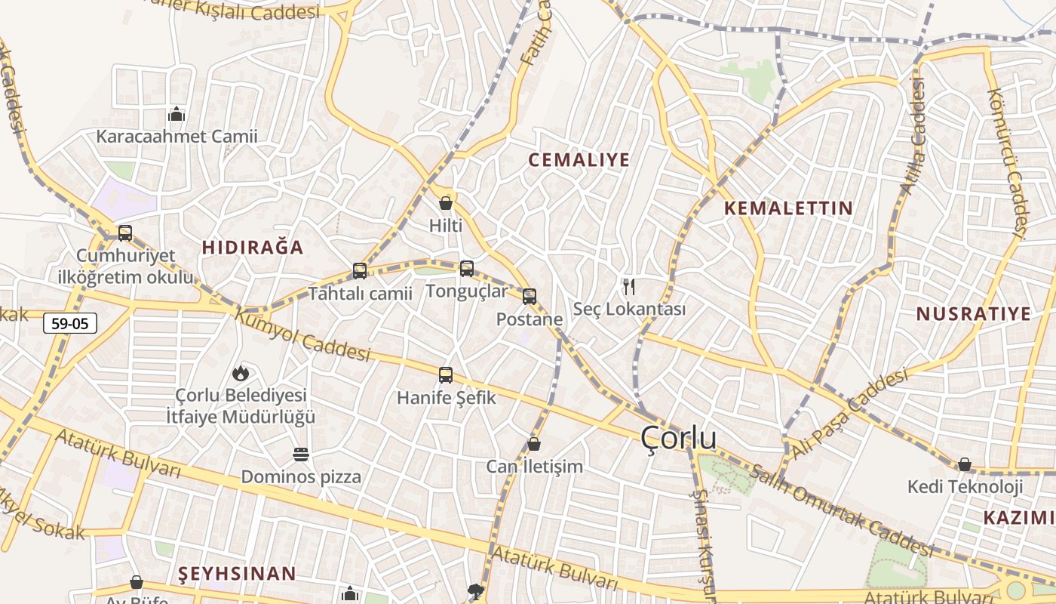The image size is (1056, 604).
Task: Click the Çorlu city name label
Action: tap(678, 438)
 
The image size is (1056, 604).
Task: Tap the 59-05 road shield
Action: tap(70, 324)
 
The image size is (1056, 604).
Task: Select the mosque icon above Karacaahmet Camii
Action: tap(177, 114)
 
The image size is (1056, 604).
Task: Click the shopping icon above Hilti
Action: tap(446, 202)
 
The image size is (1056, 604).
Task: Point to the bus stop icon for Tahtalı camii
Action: tap(360, 270)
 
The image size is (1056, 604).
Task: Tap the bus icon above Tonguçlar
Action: tap(467, 268)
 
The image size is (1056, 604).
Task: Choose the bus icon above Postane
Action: tap(530, 296)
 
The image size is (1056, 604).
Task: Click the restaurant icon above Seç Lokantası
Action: tap(629, 286)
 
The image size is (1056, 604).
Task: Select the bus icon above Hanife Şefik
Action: tap(446, 374)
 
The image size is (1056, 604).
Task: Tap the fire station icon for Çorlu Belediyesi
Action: tap(240, 372)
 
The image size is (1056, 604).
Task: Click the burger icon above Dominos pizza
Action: tap(301, 455)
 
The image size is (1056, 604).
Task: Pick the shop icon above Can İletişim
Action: tap(534, 444)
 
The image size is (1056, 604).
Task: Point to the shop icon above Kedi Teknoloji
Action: tap(965, 464)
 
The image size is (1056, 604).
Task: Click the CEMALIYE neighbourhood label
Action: tap(579, 160)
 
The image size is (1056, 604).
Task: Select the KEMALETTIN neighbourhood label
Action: tap(788, 208)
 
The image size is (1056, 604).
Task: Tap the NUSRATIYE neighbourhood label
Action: tap(973, 314)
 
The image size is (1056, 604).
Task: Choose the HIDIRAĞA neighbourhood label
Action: tap(253, 248)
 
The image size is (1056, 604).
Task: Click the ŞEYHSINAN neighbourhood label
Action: tap(237, 574)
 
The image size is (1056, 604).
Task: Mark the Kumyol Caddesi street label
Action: tap(302, 334)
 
